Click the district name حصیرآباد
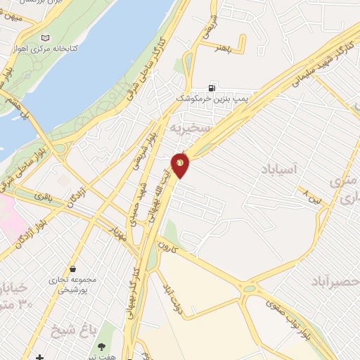click(x=330, y=281)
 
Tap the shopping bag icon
click(x=73, y=268)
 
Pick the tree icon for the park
click(x=103, y=346)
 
